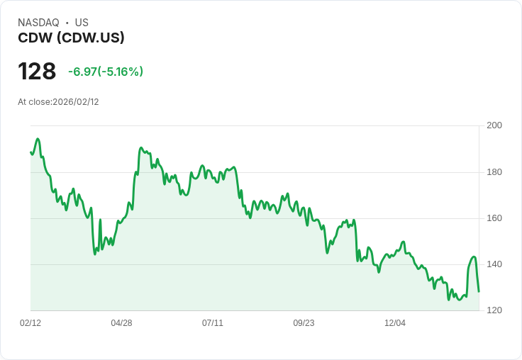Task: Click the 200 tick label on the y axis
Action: (x=494, y=125)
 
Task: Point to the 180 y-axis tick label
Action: (x=494, y=172)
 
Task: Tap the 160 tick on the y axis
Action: (x=494, y=218)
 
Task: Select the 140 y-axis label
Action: (x=494, y=264)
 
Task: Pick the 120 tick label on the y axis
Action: (x=494, y=310)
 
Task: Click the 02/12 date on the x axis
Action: (x=30, y=323)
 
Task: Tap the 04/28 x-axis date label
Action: (x=121, y=323)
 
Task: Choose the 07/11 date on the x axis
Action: (x=213, y=323)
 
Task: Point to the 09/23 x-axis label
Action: (x=304, y=323)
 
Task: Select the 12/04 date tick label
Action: (x=395, y=323)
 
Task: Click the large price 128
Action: (x=37, y=72)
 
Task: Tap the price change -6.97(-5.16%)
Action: (x=106, y=72)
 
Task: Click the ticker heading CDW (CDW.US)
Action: (x=71, y=38)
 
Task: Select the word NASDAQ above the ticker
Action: (x=38, y=23)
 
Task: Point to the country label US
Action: (x=82, y=23)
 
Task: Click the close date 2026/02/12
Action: (x=75, y=102)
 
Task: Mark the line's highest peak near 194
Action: (x=38, y=139)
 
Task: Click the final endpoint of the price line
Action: (x=479, y=291)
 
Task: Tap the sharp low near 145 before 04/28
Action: (x=95, y=254)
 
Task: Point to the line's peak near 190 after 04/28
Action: (x=141, y=148)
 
